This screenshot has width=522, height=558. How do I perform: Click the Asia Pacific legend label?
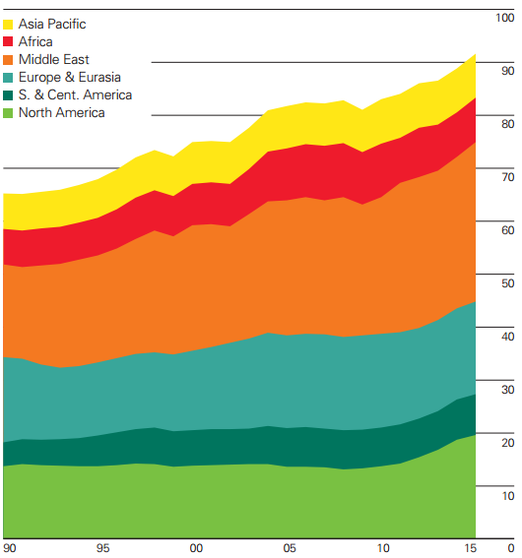tap(59, 24)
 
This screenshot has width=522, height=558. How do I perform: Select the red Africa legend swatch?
tap(10, 41)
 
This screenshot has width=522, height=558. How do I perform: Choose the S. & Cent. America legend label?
tap(76, 94)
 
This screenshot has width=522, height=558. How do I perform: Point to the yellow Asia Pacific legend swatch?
tap(10, 24)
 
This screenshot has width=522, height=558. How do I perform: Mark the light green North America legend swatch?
tap(10, 112)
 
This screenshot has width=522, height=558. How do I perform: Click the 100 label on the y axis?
tap(503, 18)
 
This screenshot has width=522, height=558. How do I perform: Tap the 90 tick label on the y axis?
tap(506, 71)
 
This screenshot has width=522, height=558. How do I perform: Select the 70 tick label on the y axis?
tap(506, 177)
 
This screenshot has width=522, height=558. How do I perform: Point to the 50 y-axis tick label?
tap(506, 283)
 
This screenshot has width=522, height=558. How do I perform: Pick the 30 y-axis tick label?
tap(506, 390)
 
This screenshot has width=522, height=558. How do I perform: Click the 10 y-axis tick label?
tap(506, 496)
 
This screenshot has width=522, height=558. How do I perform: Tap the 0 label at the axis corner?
tap(510, 547)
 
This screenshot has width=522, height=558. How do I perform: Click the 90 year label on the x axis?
tap(10, 547)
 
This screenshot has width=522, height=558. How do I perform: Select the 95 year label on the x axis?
tap(102, 547)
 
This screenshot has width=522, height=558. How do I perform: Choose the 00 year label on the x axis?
tap(196, 547)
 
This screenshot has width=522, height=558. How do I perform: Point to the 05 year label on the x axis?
tap(290, 547)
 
